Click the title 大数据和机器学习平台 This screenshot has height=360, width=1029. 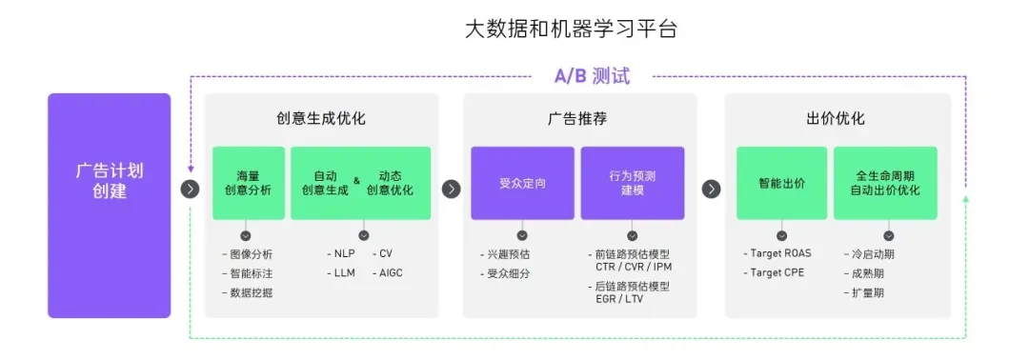[x=571, y=30]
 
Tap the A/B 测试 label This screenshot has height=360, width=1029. [x=592, y=76]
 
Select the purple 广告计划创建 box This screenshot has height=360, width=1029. [x=109, y=206]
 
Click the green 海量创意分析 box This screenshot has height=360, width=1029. [x=249, y=183]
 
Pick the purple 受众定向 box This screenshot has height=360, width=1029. [x=522, y=183]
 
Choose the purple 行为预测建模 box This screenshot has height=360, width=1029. [x=633, y=183]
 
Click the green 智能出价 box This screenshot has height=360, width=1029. [x=781, y=183]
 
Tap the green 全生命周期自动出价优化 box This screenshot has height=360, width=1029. [x=885, y=183]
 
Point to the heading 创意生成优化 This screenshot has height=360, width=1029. [x=321, y=119]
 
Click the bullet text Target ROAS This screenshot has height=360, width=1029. [x=779, y=254]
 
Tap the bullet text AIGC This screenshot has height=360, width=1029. [x=392, y=272]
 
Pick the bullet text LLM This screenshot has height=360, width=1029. [x=344, y=272]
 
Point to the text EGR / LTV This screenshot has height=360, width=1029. [x=615, y=298]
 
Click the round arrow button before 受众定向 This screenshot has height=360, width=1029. [x=451, y=189]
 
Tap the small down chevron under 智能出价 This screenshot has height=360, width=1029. [x=781, y=235]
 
